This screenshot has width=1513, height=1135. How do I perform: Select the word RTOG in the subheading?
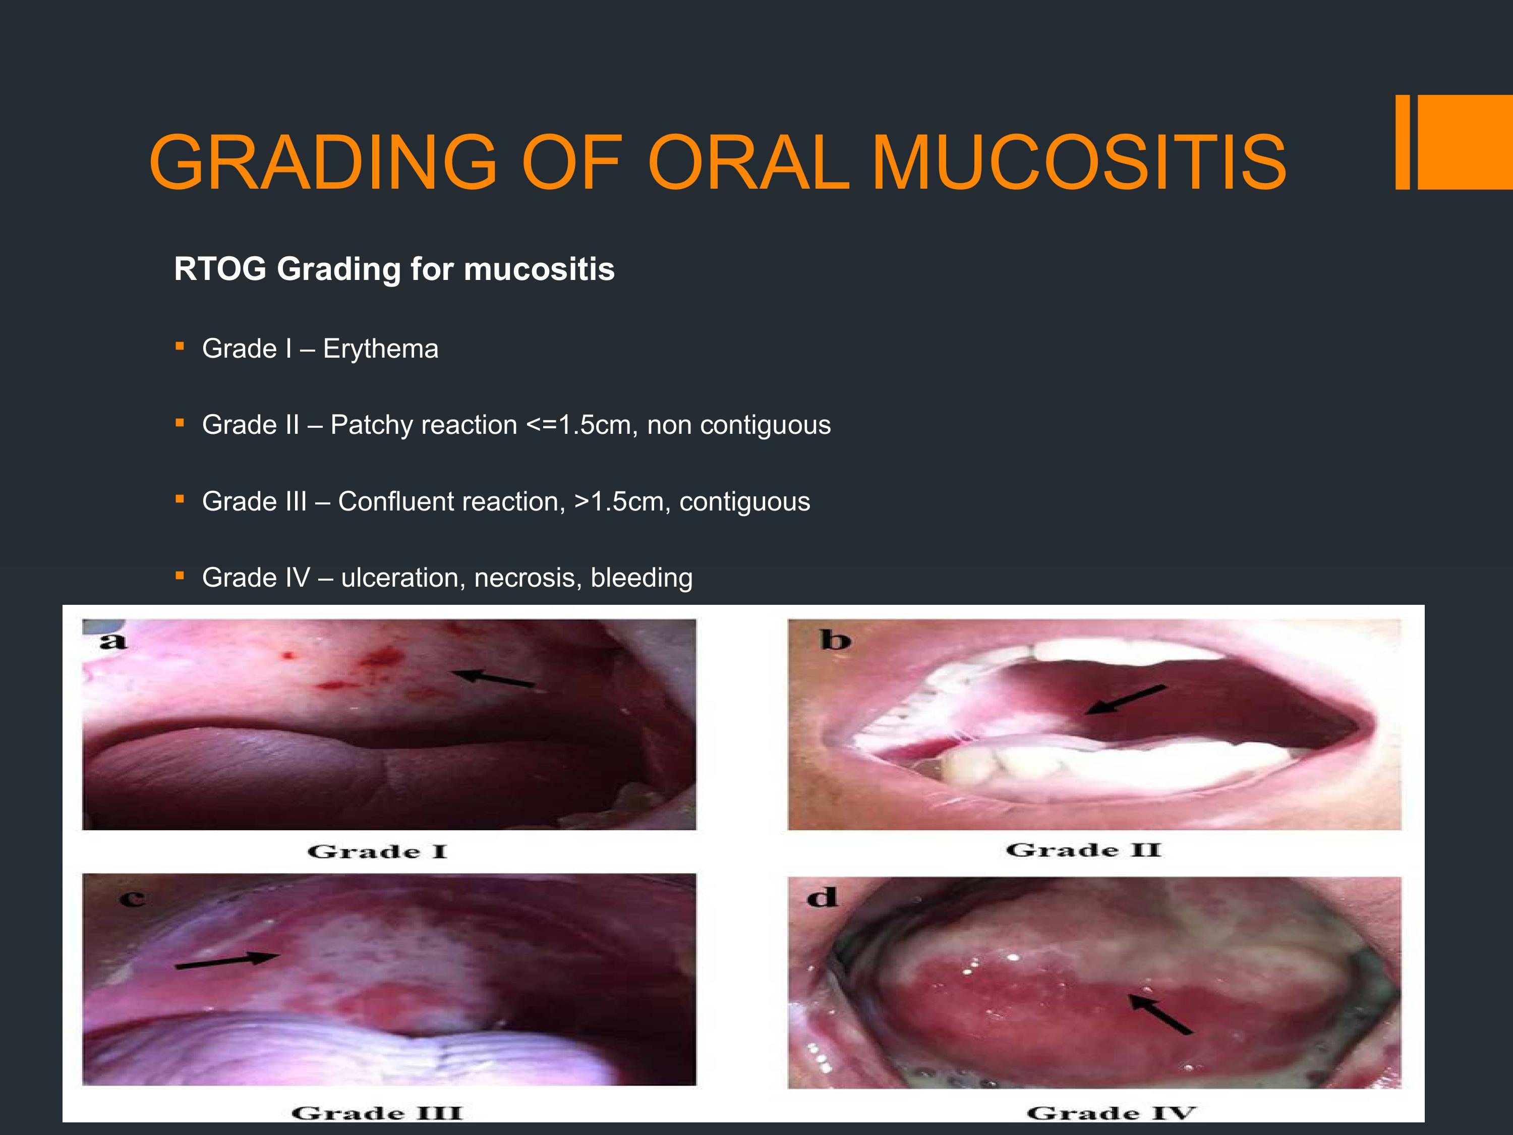(220, 269)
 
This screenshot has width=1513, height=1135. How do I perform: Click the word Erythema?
(380, 349)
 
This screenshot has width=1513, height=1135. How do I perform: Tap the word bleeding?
(642, 578)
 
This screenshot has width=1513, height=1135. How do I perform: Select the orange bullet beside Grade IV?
(180, 576)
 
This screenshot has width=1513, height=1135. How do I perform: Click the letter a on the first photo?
(113, 641)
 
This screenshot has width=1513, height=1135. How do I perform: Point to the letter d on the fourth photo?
(822, 896)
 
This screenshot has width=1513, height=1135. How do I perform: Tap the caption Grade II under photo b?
(1083, 850)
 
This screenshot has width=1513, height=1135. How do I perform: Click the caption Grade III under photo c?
(377, 1113)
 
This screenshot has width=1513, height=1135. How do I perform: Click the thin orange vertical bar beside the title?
(1402, 142)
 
